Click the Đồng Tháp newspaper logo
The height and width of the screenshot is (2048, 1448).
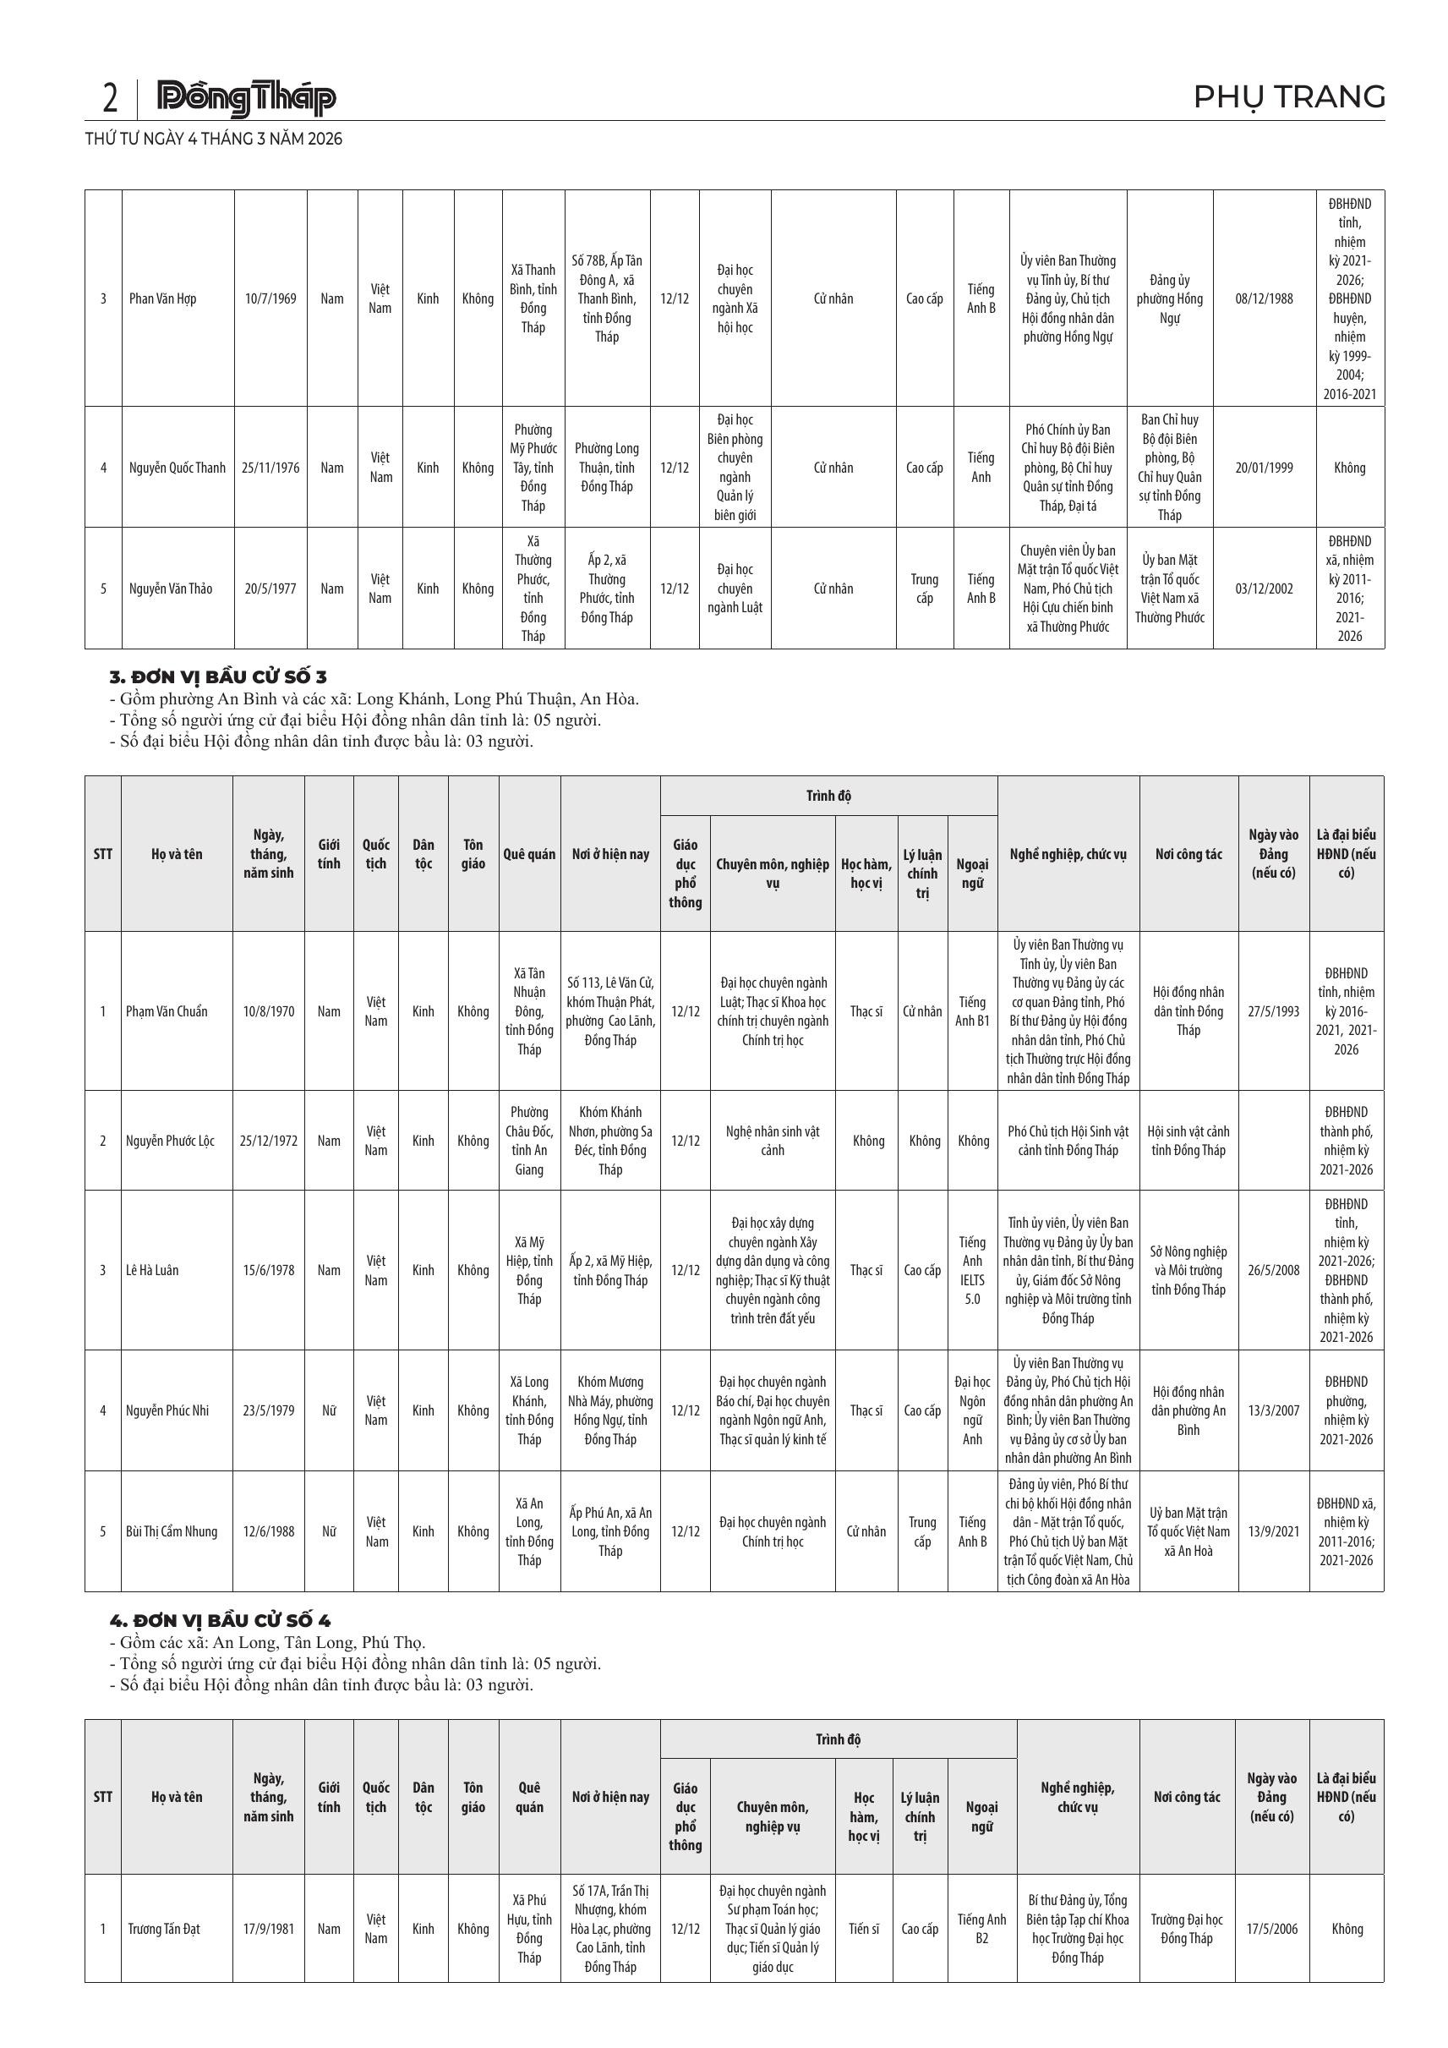pos(246,98)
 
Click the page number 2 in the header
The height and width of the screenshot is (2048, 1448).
pos(110,98)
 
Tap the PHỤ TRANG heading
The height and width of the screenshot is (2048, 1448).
pos(1288,96)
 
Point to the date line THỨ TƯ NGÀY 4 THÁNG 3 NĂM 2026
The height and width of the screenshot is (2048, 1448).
pos(213,140)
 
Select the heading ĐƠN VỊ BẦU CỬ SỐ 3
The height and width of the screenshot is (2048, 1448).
pos(217,677)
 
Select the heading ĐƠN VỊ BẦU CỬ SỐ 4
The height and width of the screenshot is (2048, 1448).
pos(219,1621)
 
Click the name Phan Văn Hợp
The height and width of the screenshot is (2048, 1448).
pos(163,298)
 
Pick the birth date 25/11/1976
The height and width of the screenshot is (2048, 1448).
pos(270,468)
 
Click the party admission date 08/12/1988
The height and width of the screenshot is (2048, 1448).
pos(1264,298)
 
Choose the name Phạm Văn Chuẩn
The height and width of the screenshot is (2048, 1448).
pos(167,1011)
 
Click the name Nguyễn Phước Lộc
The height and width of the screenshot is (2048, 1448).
pos(170,1141)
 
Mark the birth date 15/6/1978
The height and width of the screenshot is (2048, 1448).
pos(268,1270)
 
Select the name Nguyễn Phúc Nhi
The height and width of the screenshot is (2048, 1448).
pos(167,1410)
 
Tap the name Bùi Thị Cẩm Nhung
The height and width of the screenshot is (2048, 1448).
pos(172,1531)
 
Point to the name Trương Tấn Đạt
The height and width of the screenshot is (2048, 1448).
pos(164,1929)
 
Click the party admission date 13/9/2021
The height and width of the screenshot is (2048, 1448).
pos(1273,1531)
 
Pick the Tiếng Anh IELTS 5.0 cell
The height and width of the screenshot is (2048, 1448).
pos(972,1270)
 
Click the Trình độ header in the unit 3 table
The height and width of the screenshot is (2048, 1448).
pos(828,796)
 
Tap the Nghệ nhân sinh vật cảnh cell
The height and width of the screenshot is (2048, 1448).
pos(772,1141)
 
